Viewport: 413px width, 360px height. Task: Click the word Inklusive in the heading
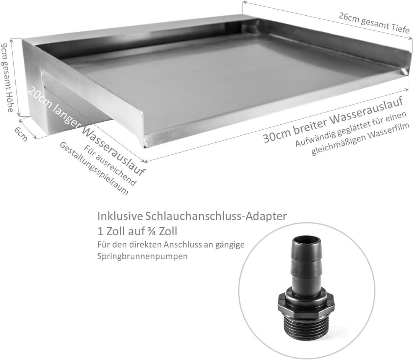[x=120, y=217]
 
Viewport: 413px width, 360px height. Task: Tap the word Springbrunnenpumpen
[x=143, y=256]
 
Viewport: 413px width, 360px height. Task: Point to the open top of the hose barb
[x=306, y=241]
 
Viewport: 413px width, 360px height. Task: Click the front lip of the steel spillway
[x=268, y=115]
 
